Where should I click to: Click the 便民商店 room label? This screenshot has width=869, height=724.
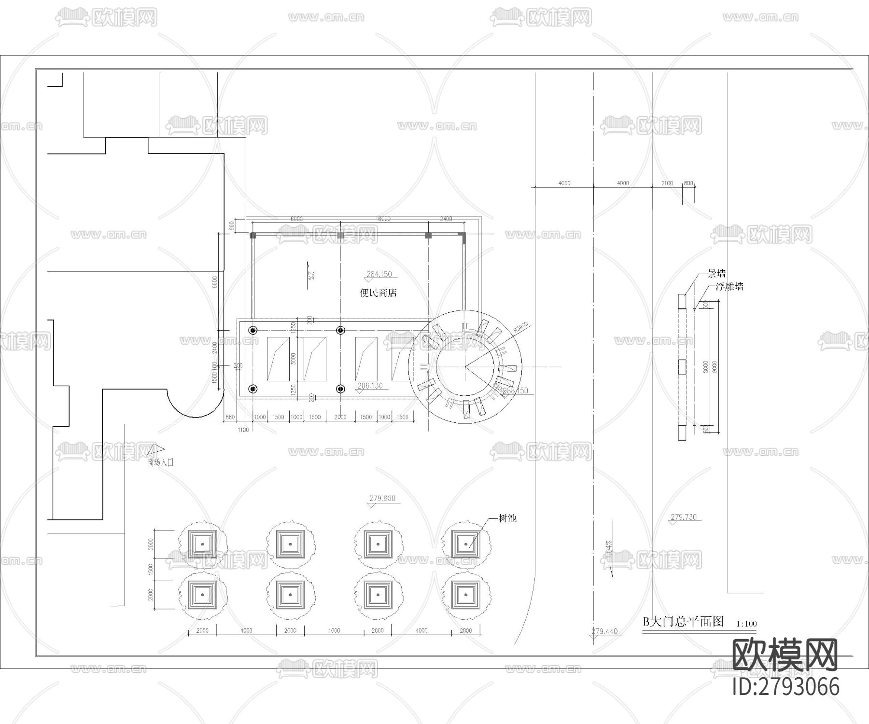point(378,293)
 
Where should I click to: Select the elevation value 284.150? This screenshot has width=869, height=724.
point(379,274)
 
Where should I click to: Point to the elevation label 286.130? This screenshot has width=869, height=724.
point(370,386)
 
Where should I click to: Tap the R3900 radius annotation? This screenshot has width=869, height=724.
point(521,328)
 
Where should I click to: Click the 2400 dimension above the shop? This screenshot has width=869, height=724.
point(446,219)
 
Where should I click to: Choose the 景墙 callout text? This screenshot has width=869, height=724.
point(716,274)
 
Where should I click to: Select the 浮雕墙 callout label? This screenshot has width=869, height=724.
point(729,287)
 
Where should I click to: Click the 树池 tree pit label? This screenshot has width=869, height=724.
point(507,518)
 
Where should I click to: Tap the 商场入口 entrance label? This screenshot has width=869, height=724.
point(161,462)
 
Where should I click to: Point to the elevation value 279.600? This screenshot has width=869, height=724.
point(382,499)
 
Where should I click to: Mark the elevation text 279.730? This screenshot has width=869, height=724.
point(684,517)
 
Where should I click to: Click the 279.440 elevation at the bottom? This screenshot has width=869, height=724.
point(604,631)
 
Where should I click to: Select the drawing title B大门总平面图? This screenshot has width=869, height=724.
point(684,621)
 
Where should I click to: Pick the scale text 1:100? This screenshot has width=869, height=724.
point(746,624)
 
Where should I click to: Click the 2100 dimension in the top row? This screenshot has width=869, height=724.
point(667,183)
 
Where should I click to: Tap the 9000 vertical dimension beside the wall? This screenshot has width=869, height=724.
point(715,367)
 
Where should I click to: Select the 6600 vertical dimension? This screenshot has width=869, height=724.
point(215,281)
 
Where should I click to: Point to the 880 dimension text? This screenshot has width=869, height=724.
point(230,418)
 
